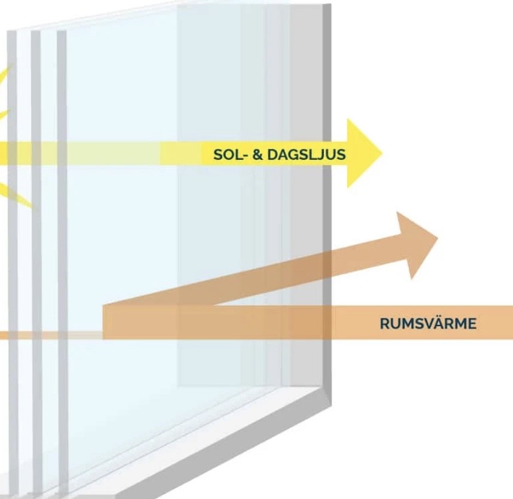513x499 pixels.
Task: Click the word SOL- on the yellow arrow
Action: pyautogui.click(x=227, y=154)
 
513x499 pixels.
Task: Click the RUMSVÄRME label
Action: pyautogui.click(x=428, y=324)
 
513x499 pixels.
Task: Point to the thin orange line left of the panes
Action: pyautogui.click(x=48, y=335)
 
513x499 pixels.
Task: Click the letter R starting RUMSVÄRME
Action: pyautogui.click(x=384, y=324)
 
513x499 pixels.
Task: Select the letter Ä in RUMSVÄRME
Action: pyautogui.click(x=439, y=323)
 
